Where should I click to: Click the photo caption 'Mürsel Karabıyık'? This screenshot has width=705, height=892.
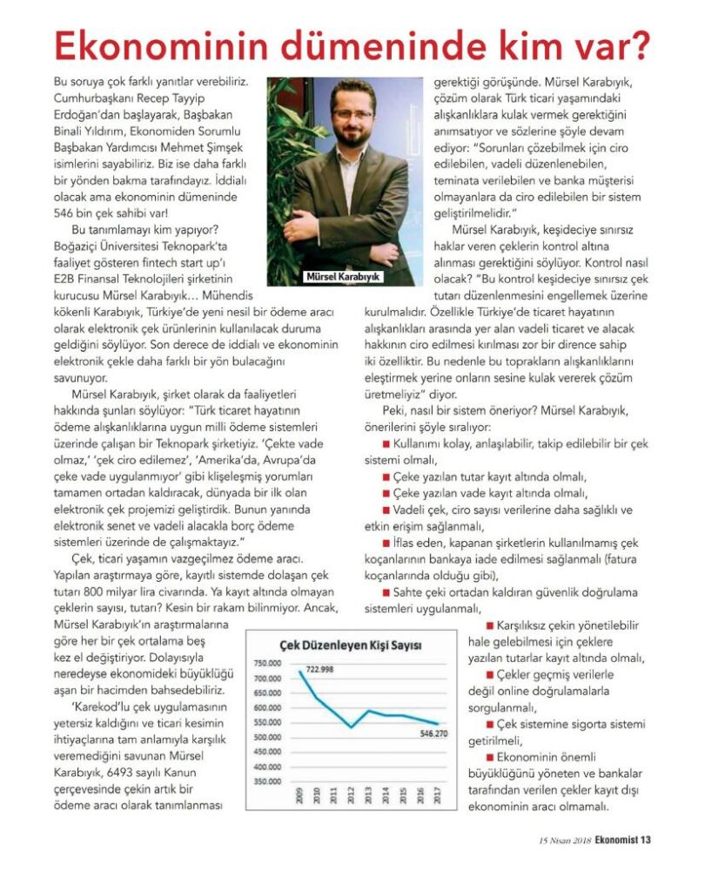click(x=344, y=277)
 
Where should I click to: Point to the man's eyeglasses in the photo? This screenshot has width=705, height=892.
click(x=352, y=115)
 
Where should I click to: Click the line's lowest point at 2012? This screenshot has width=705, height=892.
click(x=350, y=726)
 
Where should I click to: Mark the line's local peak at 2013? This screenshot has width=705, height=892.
click(x=368, y=711)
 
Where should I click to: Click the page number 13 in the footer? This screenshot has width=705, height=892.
click(x=646, y=841)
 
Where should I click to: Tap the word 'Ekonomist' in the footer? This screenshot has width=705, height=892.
click(x=610, y=841)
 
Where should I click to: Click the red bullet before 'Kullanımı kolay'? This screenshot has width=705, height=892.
click(x=386, y=444)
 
